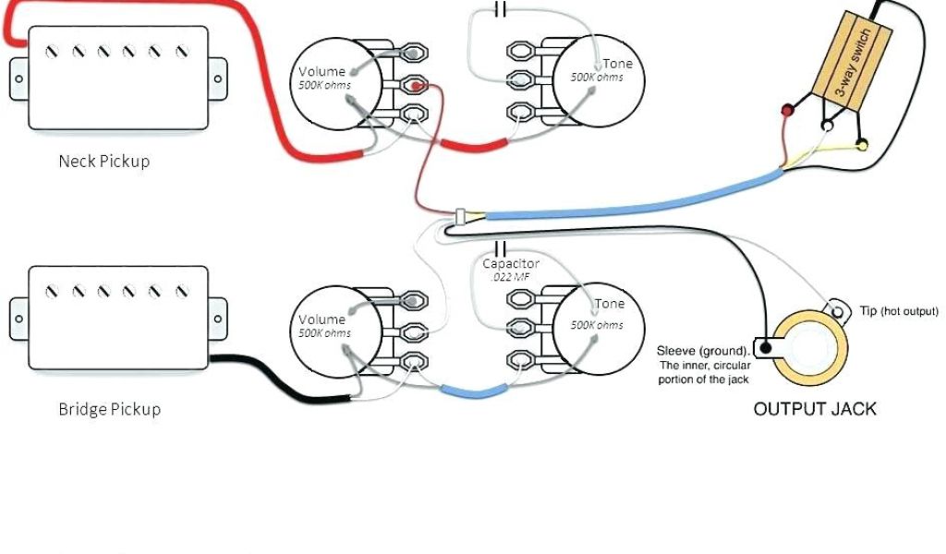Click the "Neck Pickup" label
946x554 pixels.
click(x=103, y=161)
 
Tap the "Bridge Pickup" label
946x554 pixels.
click(x=109, y=408)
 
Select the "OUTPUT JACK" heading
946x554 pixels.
click(x=815, y=408)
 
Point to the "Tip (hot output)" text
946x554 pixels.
click(x=898, y=311)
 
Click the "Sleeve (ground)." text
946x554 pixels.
click(x=703, y=351)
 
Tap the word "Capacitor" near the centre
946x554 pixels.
click(x=511, y=263)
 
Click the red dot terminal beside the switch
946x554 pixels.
click(x=788, y=112)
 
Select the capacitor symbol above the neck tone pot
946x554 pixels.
click(x=501, y=10)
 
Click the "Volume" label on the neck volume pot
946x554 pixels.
click(x=321, y=72)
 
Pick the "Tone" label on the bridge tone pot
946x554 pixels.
click(x=609, y=304)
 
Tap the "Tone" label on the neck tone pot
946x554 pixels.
click(x=618, y=64)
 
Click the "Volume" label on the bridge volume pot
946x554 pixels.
click(x=321, y=320)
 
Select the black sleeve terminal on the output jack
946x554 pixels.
click(x=764, y=349)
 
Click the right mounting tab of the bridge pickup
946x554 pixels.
click(x=218, y=317)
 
